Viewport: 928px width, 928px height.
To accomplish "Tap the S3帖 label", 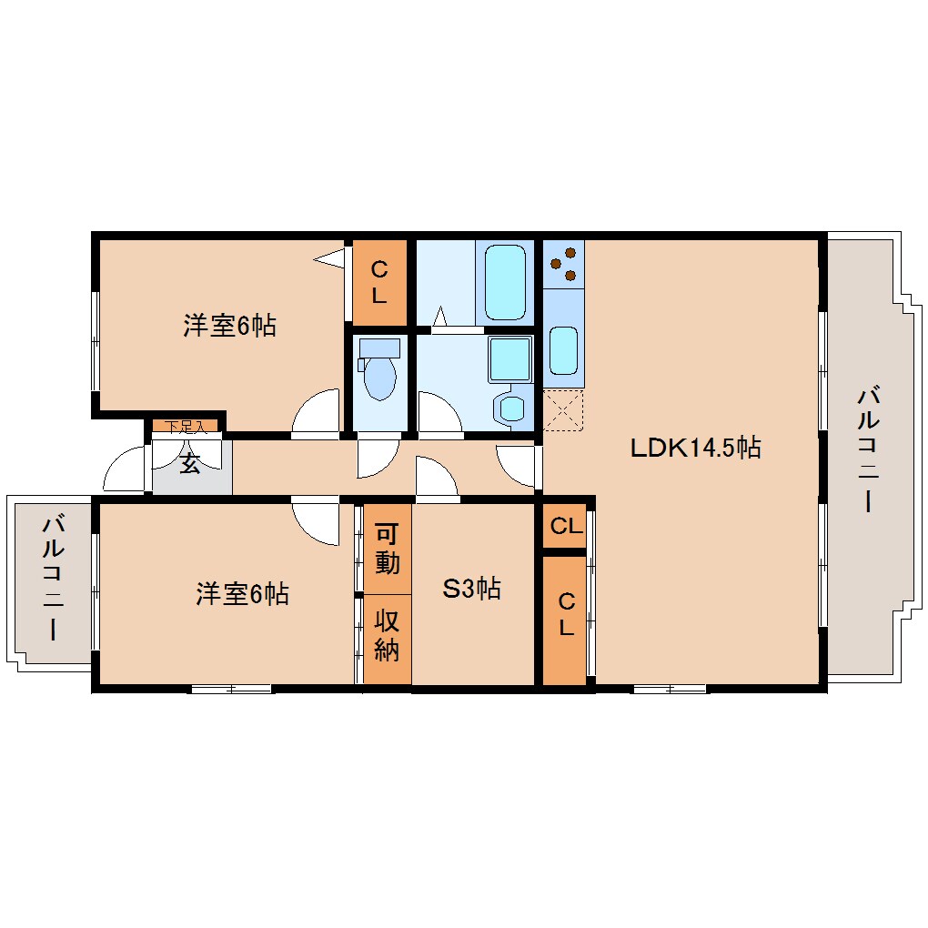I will pos(471,589).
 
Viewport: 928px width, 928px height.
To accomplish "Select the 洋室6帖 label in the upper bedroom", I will pos(229,325).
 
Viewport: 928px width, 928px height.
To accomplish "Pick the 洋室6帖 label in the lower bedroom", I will pos(242,594).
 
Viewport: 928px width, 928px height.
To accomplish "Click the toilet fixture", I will pos(378,374).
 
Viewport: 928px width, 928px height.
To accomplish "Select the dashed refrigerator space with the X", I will pos(563,409).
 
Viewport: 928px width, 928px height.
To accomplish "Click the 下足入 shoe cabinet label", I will pos(185,425).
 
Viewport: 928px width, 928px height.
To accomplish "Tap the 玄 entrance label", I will pos(189,464).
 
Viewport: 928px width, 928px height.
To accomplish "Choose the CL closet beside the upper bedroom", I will pos(379,282).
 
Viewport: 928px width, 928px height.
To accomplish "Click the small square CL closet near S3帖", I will pos(566,527).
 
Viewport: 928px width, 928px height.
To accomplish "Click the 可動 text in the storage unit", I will pos(387,549).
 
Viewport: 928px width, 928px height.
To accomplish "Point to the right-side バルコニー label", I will pos(869,450).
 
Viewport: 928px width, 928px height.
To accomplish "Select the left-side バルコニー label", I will pos(53,579).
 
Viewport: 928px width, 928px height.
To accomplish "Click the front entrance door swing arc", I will pos(125,469).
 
